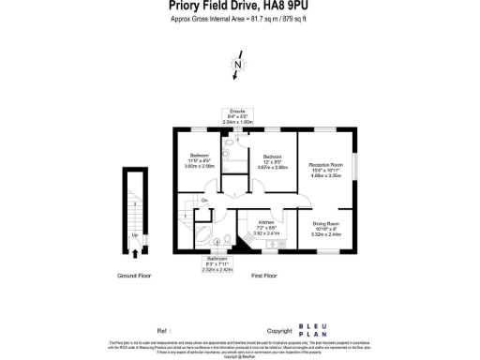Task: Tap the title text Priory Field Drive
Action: tap(239, 6)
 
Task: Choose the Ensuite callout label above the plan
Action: tap(238, 115)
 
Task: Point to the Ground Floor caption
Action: tap(135, 276)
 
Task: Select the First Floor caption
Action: tap(265, 276)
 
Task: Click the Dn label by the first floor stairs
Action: tap(204, 201)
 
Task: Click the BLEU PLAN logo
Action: tap(311, 330)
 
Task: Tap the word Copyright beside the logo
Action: tap(279, 330)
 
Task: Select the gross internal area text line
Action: tap(239, 19)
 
